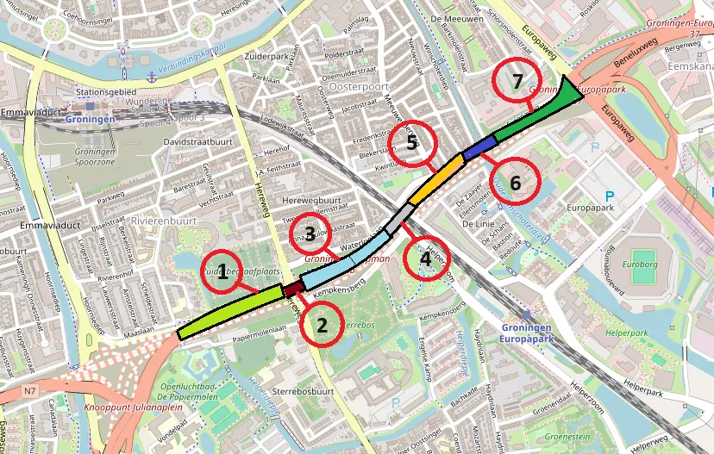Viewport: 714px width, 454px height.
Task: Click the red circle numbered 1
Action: (222, 273)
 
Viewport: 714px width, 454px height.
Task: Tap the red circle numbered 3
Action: (310, 233)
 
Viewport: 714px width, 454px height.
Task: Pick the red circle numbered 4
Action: (423, 258)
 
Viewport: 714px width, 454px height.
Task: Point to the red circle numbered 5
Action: (412, 143)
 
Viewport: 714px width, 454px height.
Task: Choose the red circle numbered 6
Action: (516, 183)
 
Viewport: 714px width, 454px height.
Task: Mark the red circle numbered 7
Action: (517, 82)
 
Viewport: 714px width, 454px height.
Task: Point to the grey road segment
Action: (396, 221)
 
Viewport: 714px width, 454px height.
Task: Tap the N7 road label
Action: (30, 392)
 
